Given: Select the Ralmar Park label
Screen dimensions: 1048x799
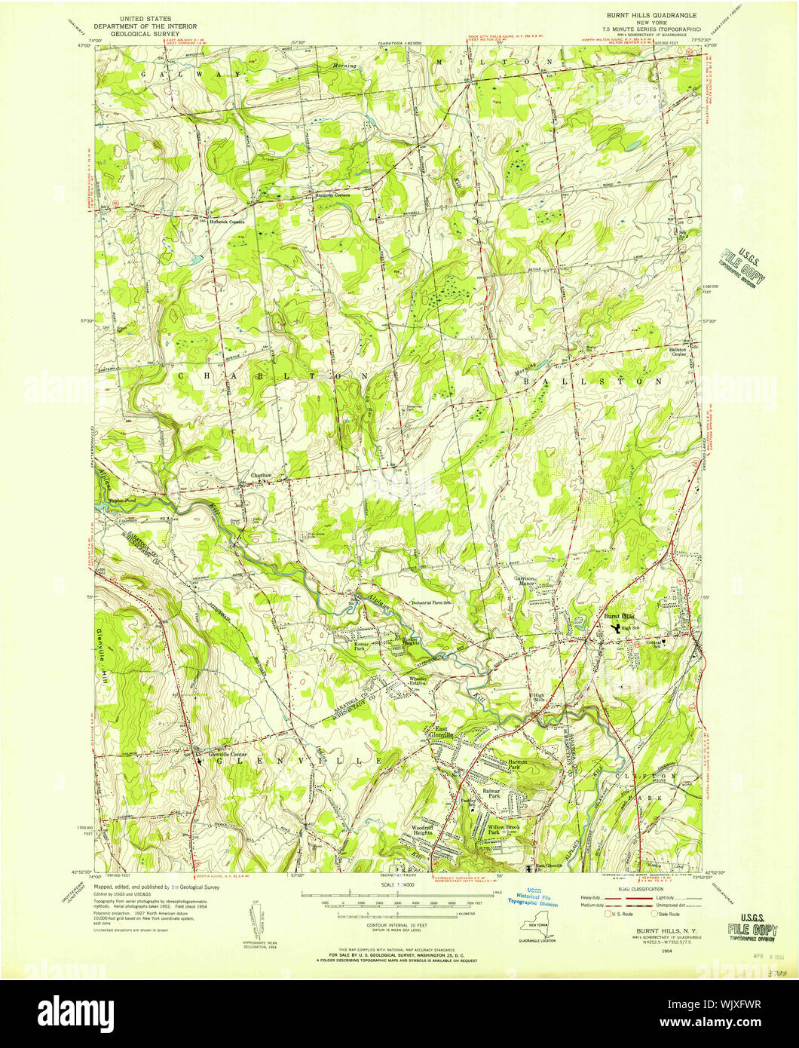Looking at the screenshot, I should [x=494, y=793].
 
